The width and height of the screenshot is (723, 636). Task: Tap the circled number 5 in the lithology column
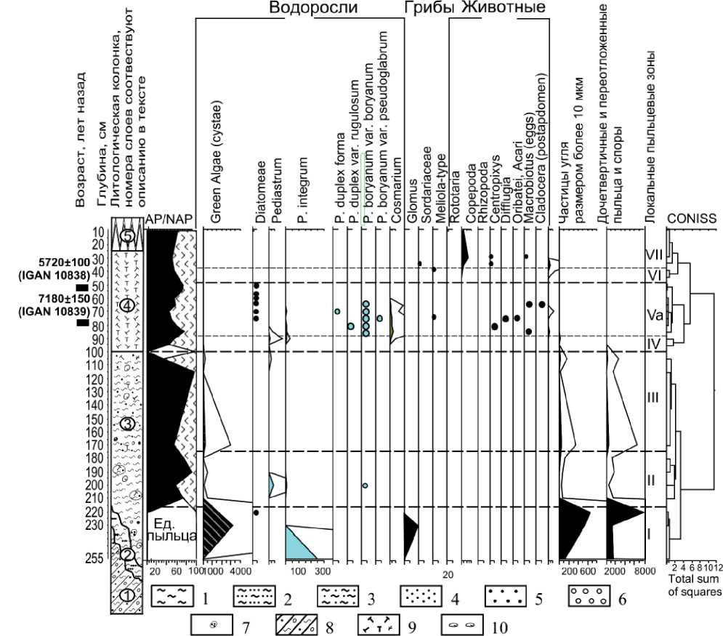(x=127, y=236)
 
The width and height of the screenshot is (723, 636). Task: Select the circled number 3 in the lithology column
(x=127, y=424)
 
